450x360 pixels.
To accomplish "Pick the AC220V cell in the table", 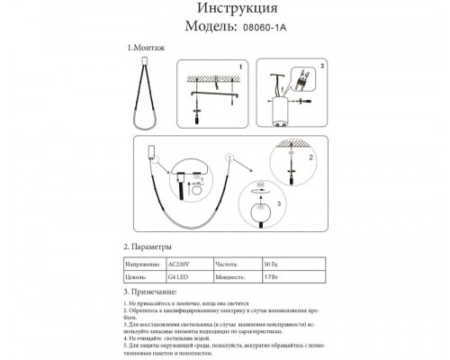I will point(180,265).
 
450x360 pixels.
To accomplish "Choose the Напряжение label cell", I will point(141,265).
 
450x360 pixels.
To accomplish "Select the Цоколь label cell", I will point(137,279).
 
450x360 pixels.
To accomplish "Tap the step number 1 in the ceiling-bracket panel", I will point(239,67).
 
